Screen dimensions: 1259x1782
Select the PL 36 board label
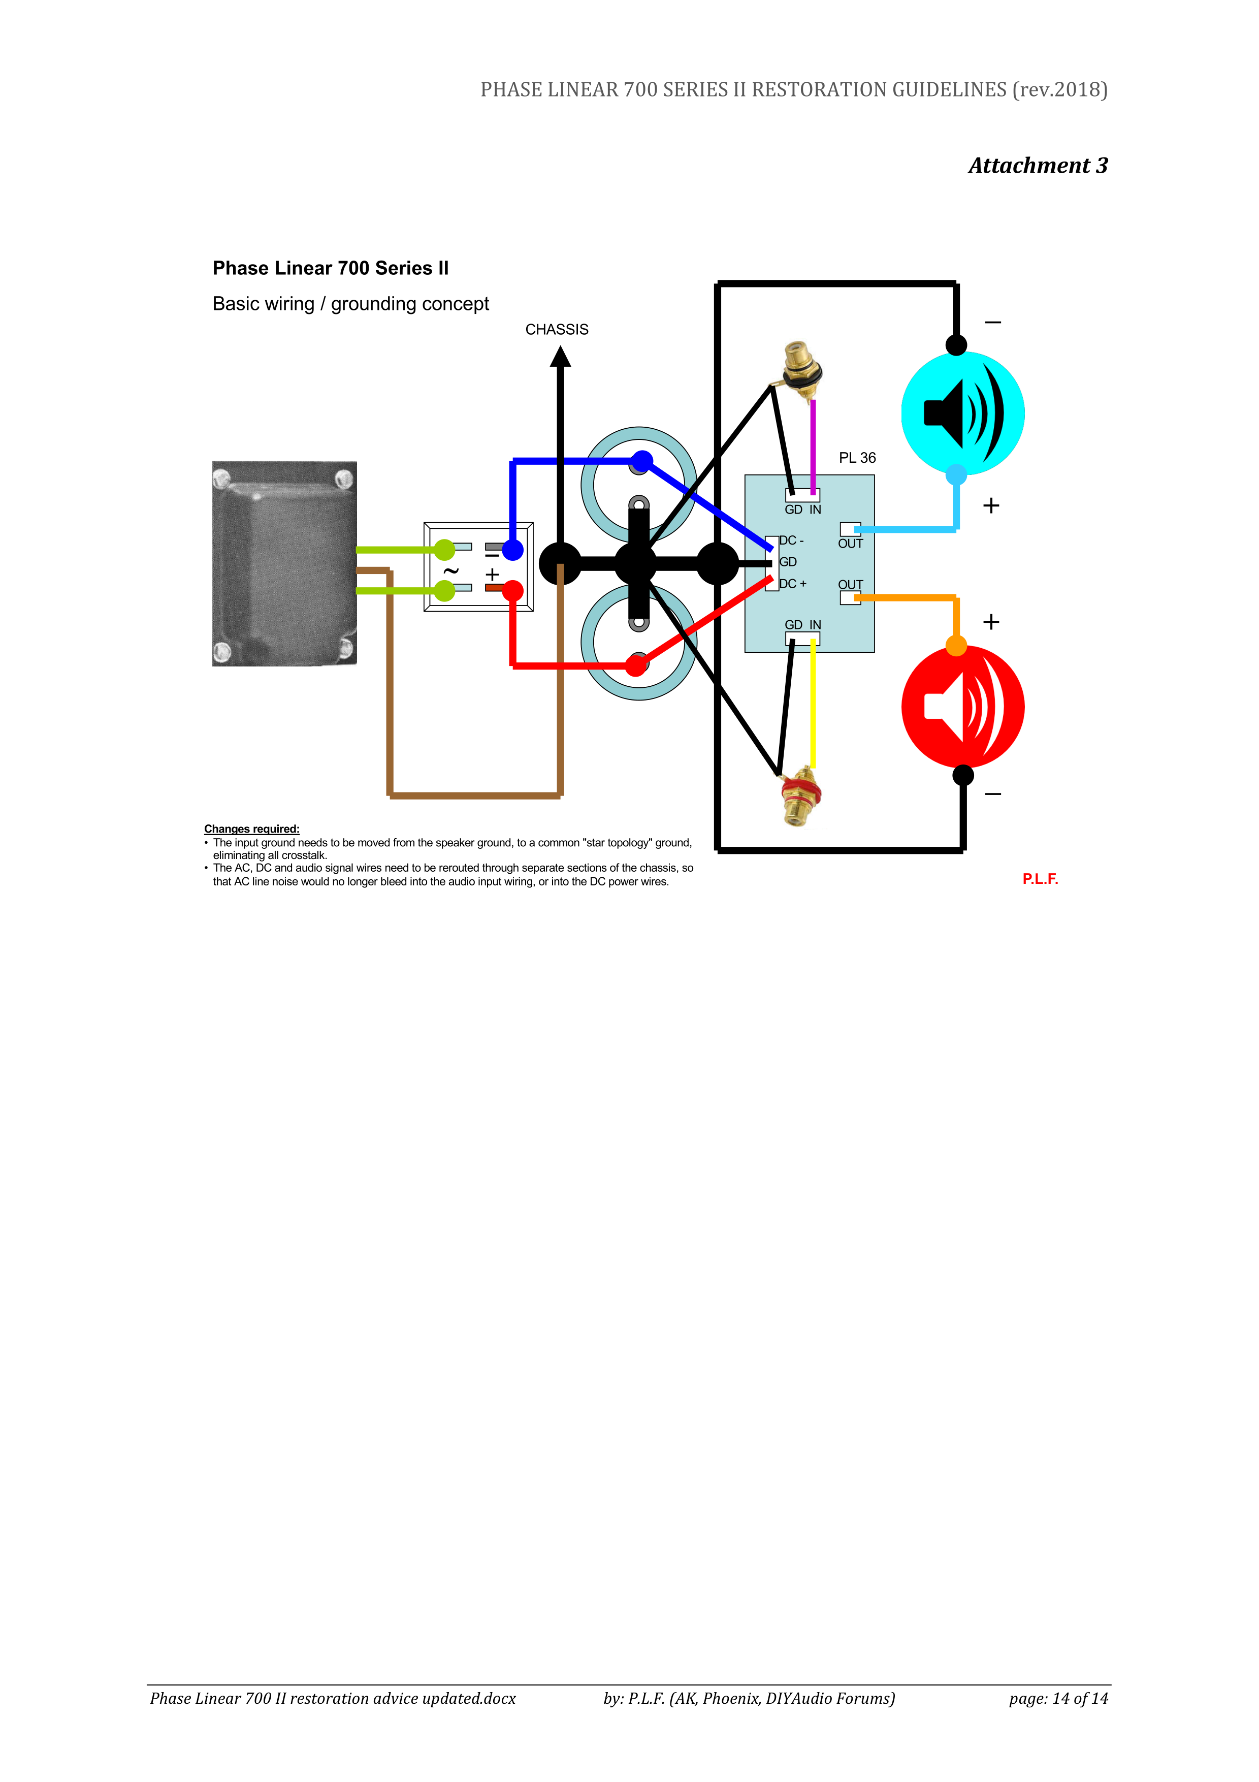[857, 458]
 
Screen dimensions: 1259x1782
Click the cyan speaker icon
[963, 413]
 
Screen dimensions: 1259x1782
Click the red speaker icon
[963, 707]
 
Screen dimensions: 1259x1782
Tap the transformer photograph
[285, 563]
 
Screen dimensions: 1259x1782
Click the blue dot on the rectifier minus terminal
[513, 550]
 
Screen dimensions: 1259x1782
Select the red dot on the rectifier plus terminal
[513, 591]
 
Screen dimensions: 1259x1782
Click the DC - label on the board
[792, 540]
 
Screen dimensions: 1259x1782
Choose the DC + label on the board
[793, 584]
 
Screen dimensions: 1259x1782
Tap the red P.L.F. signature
[1040, 879]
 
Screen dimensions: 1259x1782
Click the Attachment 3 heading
[1038, 165]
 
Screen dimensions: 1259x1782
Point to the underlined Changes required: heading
[251, 829]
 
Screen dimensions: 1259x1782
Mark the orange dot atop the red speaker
[956, 646]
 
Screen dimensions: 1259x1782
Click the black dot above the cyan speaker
[956, 344]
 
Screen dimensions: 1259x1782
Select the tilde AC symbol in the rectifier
[450, 571]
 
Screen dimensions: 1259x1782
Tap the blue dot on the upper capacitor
[641, 461]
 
